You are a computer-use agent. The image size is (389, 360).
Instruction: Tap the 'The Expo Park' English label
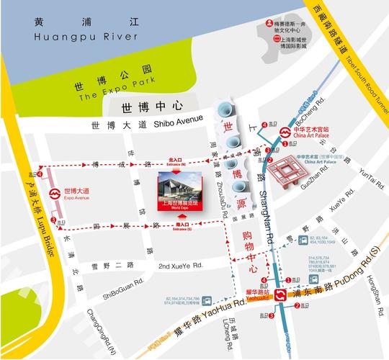[106, 90]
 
